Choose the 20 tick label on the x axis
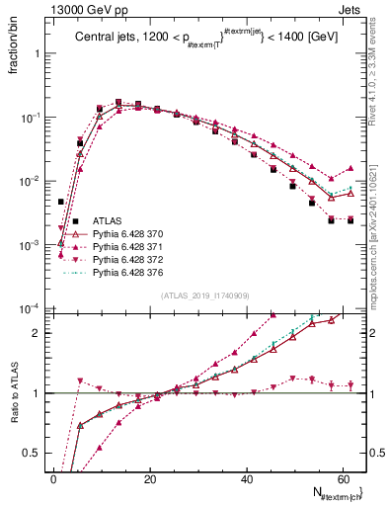[150, 479]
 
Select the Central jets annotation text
[201, 39]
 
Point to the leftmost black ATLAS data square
[60, 202]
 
